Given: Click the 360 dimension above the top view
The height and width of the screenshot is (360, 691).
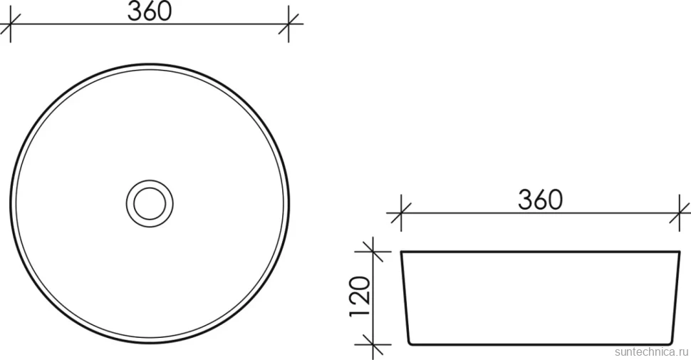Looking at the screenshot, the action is coord(150,12).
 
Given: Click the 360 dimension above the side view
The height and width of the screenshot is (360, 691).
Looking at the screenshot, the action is coord(540,200).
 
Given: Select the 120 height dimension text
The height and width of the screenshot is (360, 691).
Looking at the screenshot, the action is coord(359,297).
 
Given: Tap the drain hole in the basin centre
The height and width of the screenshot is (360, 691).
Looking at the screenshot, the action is coord(150,203).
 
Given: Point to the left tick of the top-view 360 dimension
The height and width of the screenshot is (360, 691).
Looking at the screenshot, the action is coord(10,24).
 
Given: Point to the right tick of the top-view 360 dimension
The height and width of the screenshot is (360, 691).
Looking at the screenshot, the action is coord(289,24).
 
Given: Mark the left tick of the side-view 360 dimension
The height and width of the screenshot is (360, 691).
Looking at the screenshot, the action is coord(401,213).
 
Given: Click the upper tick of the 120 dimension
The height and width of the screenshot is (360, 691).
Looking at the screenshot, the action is coord(373,252).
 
